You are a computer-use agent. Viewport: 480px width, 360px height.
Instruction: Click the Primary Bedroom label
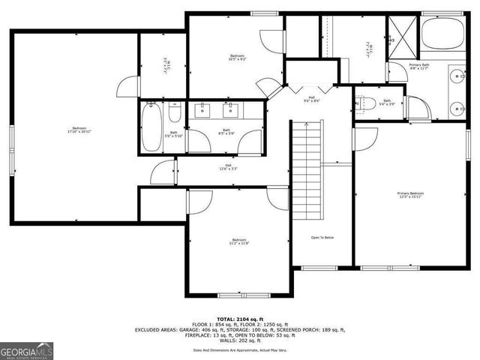coord(411,196)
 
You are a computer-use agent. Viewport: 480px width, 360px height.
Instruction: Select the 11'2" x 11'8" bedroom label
coord(238,241)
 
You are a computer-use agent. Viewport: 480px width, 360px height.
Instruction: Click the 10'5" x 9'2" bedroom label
coord(236,57)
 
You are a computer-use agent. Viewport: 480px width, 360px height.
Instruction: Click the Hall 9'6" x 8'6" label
coord(312,99)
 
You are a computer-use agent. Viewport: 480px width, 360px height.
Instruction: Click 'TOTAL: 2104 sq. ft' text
coord(241,317)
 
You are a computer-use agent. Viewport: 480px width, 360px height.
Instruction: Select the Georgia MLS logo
coord(24,349)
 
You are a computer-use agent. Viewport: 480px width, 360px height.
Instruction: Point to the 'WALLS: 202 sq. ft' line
coord(241,341)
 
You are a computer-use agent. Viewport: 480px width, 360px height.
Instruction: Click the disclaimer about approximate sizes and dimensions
coord(241,350)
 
